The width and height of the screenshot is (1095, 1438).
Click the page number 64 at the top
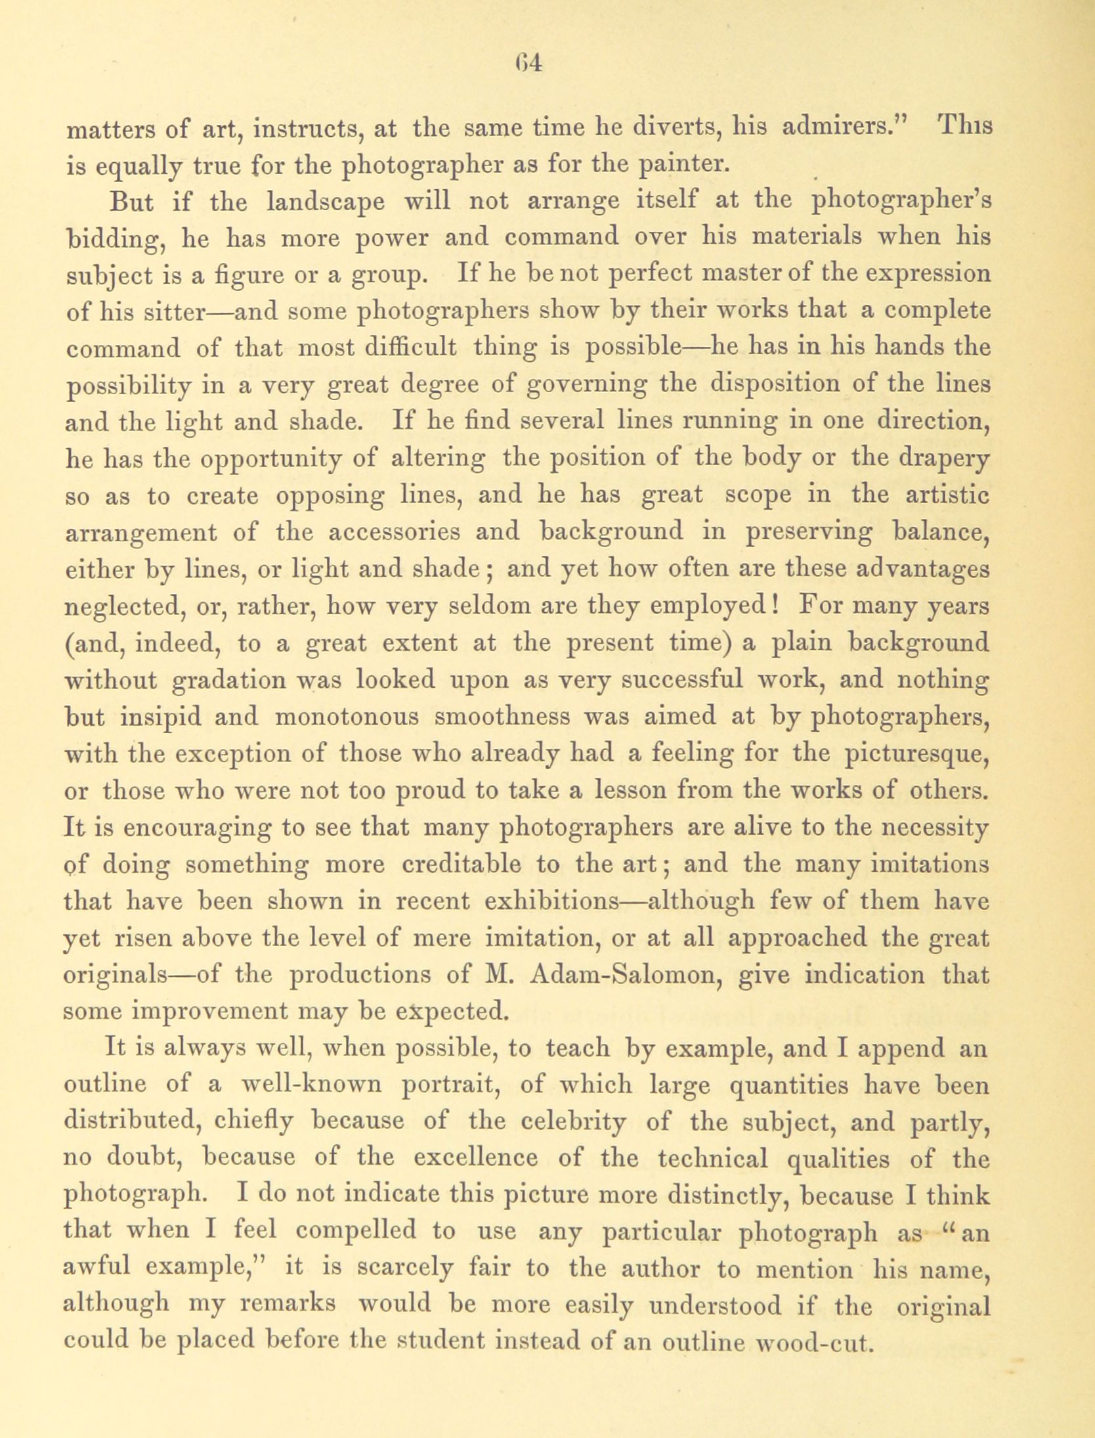tap(527, 64)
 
